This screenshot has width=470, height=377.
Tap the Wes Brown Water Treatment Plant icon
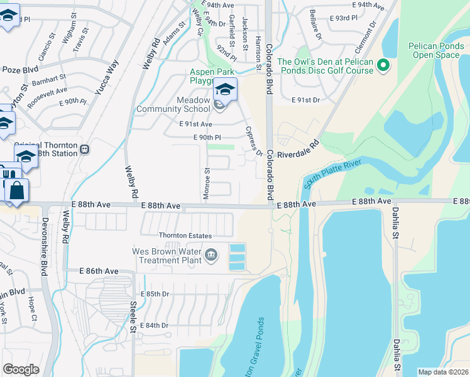coord(211,256)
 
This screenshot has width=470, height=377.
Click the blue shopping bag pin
coord(17,190)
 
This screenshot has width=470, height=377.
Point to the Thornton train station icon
coord(84,150)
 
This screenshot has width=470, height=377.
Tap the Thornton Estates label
coord(185,236)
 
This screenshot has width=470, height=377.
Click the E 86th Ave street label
coord(99,271)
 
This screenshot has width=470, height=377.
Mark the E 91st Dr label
coord(306,100)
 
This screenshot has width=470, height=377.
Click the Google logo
coord(21,369)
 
